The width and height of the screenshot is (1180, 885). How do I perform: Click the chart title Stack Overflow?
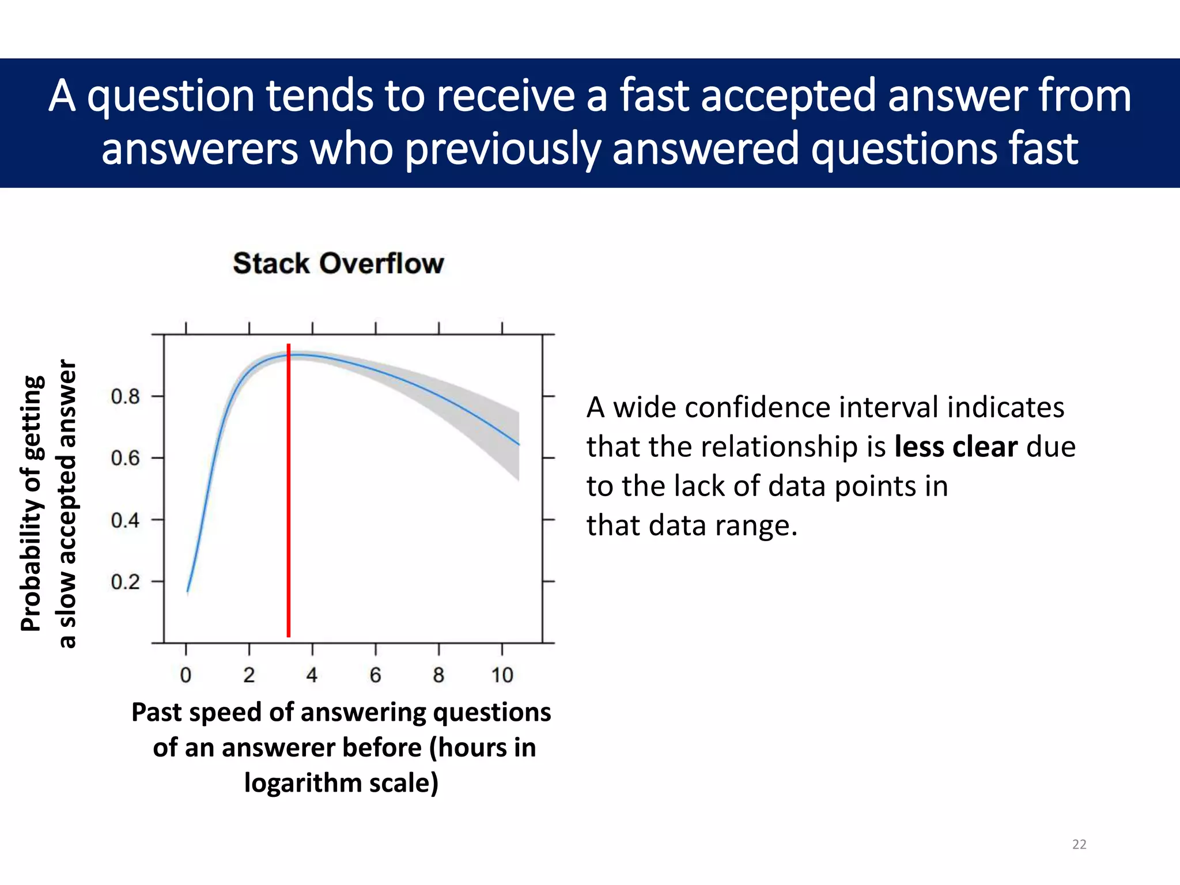tap(338, 264)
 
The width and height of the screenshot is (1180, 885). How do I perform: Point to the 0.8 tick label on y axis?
tap(125, 396)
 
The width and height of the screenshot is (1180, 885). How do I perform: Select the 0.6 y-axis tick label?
tap(125, 459)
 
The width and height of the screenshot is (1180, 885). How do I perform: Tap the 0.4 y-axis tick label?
tap(125, 520)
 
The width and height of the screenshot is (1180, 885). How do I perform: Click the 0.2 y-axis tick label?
tap(125, 582)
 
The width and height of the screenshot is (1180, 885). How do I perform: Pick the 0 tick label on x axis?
tap(186, 675)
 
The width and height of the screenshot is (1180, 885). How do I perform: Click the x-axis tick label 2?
tap(249, 675)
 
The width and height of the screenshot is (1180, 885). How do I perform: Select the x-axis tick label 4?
tap(312, 675)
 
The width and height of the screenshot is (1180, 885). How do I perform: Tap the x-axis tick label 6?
tap(375, 675)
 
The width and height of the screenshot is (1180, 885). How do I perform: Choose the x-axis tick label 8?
tap(438, 675)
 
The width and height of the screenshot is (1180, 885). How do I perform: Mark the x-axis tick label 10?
tap(502, 675)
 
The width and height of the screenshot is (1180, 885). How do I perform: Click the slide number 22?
tap(1079, 844)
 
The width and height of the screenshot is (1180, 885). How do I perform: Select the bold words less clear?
tap(956, 447)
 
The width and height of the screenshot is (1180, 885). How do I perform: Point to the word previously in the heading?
tap(502, 149)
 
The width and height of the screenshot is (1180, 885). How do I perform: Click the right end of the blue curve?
tap(519, 444)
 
